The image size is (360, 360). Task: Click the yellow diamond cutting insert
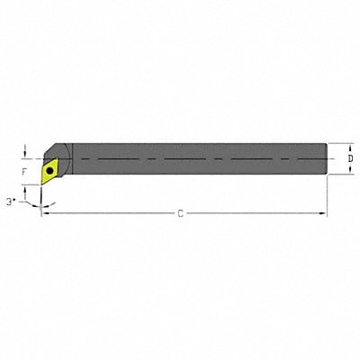click(x=51, y=169)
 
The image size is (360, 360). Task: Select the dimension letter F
click(x=25, y=168)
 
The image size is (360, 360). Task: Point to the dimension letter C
click(x=180, y=213)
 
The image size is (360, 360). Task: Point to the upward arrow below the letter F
click(x=25, y=183)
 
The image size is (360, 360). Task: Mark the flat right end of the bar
click(x=325, y=159)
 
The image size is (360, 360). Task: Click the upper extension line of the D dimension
click(x=338, y=143)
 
